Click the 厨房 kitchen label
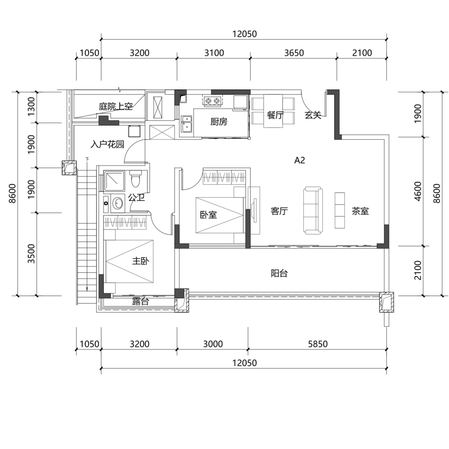tap(219, 122)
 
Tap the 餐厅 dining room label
tap(275, 116)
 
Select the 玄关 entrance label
tap(313, 116)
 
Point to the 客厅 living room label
tap(279, 211)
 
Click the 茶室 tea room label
tap(360, 211)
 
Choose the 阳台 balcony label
tap(279, 274)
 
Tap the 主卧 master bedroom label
tap(141, 261)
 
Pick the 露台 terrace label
tap(141, 301)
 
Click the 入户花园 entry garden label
tap(107, 144)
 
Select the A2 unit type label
tap(300, 160)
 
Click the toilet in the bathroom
tap(135, 178)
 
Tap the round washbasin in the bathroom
tap(117, 203)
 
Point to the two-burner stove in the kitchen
tap(212, 101)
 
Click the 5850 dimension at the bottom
tap(318, 344)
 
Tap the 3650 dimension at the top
tap(294, 53)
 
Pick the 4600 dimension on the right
tap(418, 191)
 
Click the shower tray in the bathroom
tap(114, 181)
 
